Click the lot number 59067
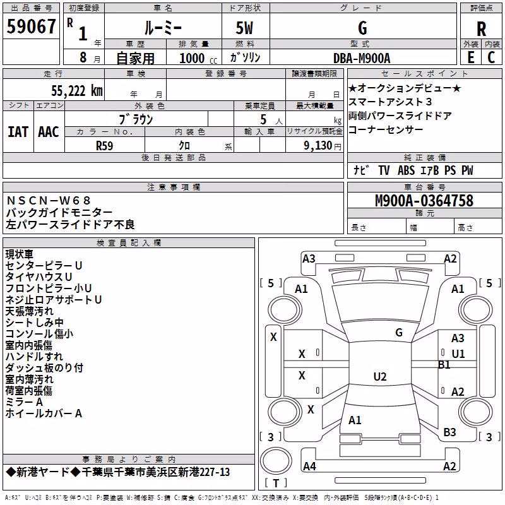click(x=31, y=27)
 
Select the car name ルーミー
click(x=163, y=28)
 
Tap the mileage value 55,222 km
click(x=77, y=91)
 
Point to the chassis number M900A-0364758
click(x=424, y=201)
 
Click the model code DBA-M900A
click(x=362, y=58)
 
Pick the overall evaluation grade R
click(x=481, y=29)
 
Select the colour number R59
click(x=105, y=146)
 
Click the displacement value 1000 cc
click(x=198, y=58)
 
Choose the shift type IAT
click(x=18, y=132)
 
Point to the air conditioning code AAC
click(x=49, y=132)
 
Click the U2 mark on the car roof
click(x=380, y=376)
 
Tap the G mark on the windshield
click(x=399, y=333)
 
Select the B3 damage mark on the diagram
click(x=449, y=432)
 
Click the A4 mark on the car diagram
click(x=309, y=466)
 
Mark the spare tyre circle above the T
click(x=276, y=461)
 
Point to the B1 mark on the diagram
click(x=444, y=365)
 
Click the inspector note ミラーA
click(x=24, y=402)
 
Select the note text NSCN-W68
click(x=49, y=201)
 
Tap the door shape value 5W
click(x=245, y=28)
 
